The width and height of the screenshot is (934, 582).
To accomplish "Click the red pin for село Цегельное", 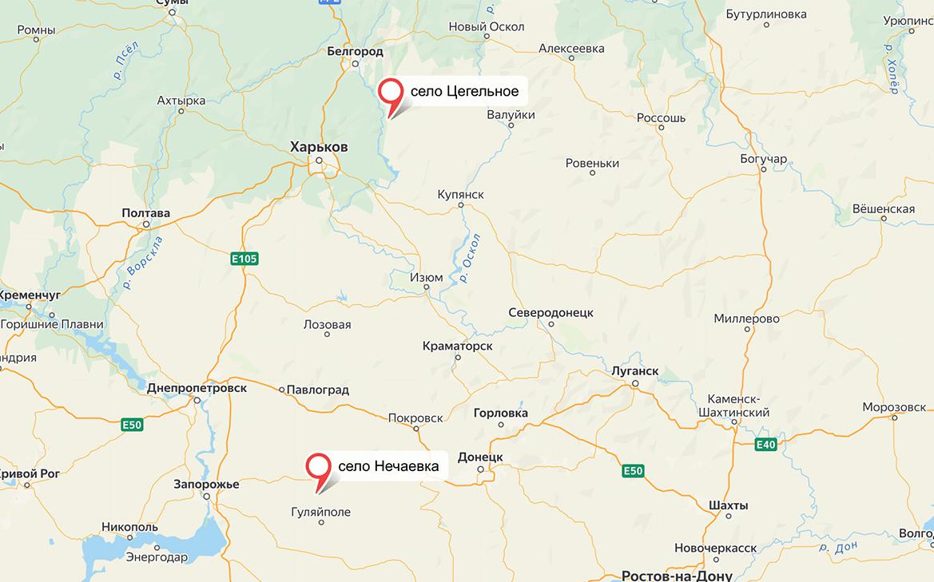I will click(391, 92).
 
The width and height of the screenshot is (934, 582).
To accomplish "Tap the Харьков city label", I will click(318, 147).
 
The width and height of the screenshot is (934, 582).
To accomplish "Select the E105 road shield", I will click(244, 259).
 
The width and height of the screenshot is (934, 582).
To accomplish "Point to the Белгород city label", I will click(355, 52).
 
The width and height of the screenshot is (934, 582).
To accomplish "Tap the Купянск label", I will click(460, 194).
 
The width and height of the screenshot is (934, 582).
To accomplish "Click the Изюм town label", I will click(426, 278).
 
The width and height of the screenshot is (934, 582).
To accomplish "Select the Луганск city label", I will click(634, 371).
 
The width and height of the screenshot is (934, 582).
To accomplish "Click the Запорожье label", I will click(206, 485).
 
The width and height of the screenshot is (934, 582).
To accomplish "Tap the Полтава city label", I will click(145, 213).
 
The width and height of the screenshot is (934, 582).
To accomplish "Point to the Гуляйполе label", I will click(321, 512).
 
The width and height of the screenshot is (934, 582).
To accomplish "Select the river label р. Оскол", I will click(471, 258).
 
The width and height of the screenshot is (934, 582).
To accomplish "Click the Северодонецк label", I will click(550, 313).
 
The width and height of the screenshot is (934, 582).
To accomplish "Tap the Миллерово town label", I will click(746, 319).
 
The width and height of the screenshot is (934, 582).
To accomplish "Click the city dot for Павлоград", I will click(282, 390).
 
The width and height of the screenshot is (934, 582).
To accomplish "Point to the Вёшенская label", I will click(883, 209).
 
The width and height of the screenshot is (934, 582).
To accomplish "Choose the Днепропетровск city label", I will click(197, 388).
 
